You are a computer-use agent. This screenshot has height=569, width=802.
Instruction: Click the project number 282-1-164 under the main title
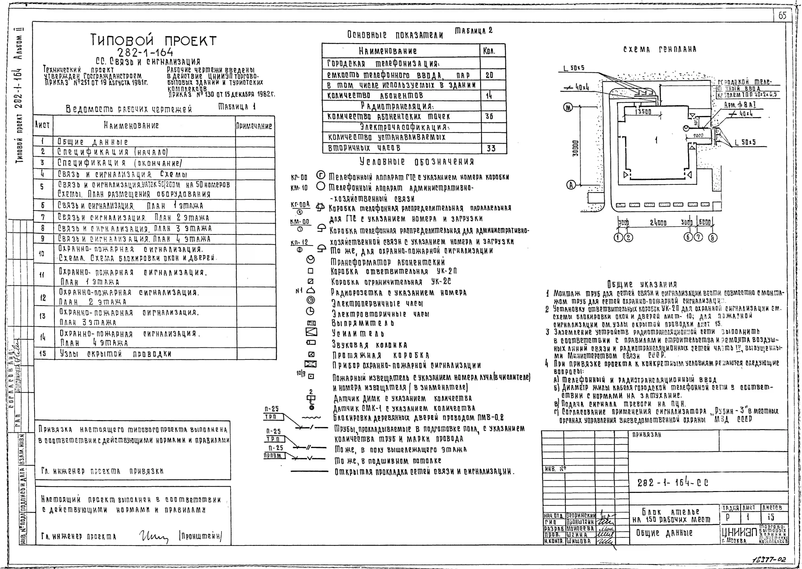click(x=145, y=53)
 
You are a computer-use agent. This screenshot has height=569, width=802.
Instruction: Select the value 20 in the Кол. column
click(x=489, y=75)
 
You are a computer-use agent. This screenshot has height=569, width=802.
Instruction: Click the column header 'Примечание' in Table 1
click(x=254, y=126)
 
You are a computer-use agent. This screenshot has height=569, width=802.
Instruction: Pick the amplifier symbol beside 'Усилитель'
click(x=311, y=331)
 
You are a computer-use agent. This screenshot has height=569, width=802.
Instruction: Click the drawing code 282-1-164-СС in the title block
click(x=673, y=483)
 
